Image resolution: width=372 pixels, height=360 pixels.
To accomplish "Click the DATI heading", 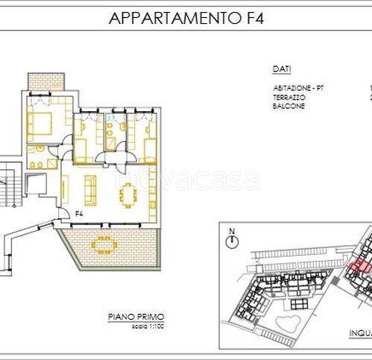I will (281, 69).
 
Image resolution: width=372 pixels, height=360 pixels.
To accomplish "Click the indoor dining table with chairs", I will (127, 196).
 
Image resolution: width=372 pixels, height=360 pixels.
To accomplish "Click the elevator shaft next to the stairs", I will (34, 183).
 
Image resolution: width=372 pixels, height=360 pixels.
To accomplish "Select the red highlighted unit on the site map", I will (360, 265).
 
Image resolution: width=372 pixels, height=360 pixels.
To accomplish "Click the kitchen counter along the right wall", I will (153, 195).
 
